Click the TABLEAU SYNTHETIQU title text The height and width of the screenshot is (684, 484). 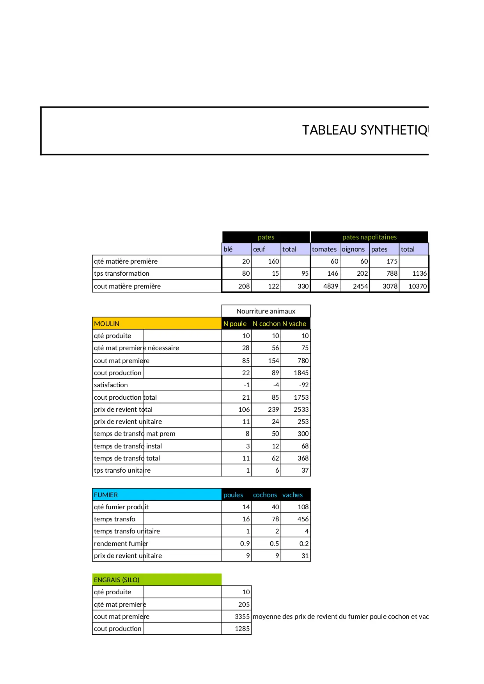coord(365,130)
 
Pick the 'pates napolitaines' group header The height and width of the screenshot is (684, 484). coord(369,237)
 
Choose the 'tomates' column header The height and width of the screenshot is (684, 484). coord(324,249)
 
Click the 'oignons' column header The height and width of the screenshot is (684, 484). coord(353,249)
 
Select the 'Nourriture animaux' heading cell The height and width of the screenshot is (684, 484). coord(266,311)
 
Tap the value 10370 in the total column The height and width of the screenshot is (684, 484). coord(417,286)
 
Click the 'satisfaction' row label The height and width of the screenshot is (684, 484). coord(111,385)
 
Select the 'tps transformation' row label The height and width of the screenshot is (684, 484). coord(122,273)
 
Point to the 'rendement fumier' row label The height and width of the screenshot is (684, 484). coord(121,544)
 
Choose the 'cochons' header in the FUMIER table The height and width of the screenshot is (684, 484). coord(265,495)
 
